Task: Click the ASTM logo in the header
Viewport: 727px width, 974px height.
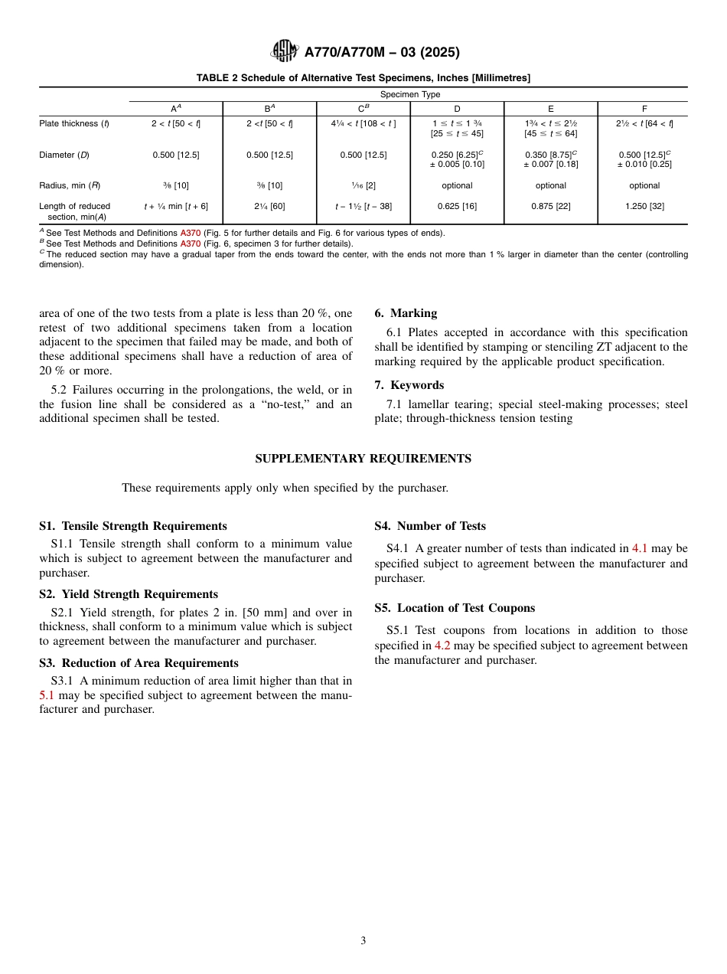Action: tap(285, 51)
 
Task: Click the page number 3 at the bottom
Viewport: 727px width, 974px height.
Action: tap(363, 941)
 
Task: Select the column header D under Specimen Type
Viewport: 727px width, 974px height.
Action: tap(457, 109)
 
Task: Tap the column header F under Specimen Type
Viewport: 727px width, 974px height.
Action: tap(644, 109)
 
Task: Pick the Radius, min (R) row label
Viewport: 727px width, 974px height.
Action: tap(70, 185)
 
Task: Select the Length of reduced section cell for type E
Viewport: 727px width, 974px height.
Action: tap(550, 206)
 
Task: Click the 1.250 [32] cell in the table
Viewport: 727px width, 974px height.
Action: tap(644, 206)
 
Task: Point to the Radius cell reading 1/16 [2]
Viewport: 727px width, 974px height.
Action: tap(363, 185)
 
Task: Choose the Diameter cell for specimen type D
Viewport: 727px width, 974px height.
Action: tap(457, 159)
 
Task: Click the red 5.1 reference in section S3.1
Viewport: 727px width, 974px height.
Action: tap(47, 695)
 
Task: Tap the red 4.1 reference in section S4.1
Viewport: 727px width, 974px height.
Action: tap(639, 548)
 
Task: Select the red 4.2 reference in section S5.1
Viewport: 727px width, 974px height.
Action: tap(442, 646)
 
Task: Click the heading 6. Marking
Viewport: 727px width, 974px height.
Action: tap(406, 313)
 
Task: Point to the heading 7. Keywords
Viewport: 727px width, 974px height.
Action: tap(409, 385)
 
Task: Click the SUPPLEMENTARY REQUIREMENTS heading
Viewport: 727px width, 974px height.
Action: tap(363, 459)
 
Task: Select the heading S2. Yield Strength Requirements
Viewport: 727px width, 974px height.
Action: tap(129, 594)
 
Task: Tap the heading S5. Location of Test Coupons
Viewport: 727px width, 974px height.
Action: tap(455, 608)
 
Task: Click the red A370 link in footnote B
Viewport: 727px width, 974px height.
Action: tap(190, 243)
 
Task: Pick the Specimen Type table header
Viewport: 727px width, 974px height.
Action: tap(410, 94)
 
